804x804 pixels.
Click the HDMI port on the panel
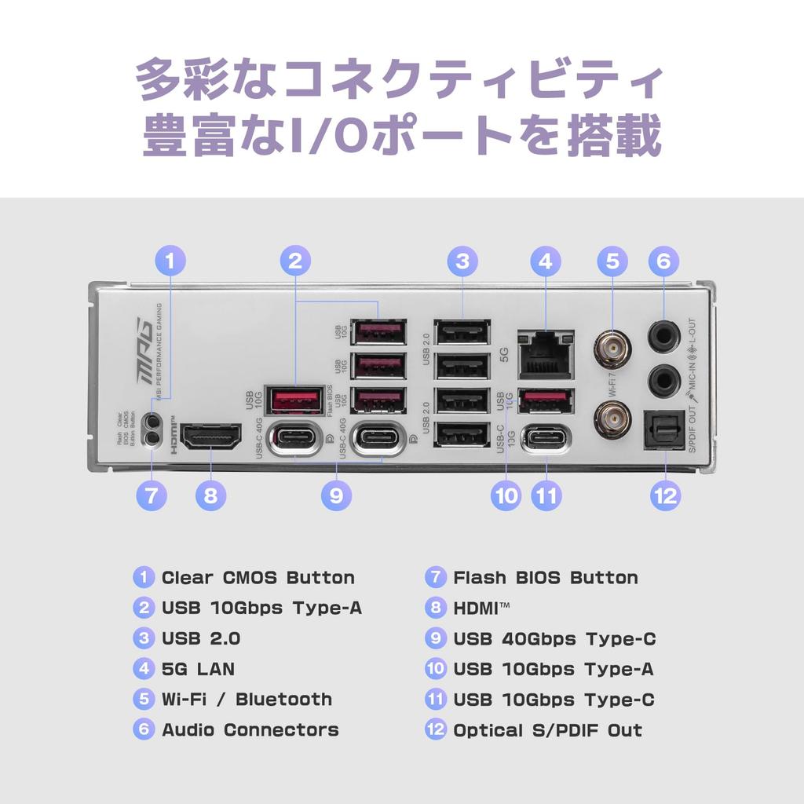point(210,437)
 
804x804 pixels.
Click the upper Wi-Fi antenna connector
point(612,348)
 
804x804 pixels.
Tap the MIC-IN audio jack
point(663,381)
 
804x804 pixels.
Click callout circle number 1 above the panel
point(170,261)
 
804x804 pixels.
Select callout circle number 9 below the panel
point(337,495)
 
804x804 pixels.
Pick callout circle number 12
point(664,495)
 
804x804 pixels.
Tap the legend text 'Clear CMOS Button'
point(258,578)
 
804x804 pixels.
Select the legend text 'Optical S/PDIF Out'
point(547,730)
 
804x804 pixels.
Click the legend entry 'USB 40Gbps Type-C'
point(554,639)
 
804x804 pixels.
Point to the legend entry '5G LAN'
point(198,670)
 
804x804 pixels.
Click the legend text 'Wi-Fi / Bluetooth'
point(247,700)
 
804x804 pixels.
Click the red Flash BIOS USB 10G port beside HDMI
point(294,400)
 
